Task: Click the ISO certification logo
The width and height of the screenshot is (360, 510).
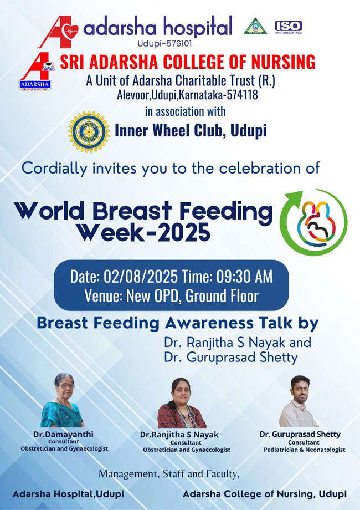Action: (x=288, y=27)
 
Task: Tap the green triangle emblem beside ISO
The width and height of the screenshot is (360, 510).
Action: (x=255, y=26)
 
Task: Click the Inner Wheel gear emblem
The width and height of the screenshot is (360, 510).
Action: (x=89, y=132)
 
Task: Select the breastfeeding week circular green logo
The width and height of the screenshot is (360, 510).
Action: (x=313, y=222)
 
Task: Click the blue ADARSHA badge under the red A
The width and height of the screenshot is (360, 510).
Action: (x=35, y=85)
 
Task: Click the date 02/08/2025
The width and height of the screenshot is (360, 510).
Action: (x=141, y=277)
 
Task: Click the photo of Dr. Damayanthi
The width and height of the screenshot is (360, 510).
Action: (x=61, y=400)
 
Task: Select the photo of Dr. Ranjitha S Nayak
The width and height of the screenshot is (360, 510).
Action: (x=182, y=402)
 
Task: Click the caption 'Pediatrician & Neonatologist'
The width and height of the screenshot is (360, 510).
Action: (x=305, y=450)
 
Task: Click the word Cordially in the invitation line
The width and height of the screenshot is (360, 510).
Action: (x=55, y=169)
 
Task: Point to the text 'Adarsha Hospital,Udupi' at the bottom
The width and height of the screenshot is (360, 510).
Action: (x=68, y=494)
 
